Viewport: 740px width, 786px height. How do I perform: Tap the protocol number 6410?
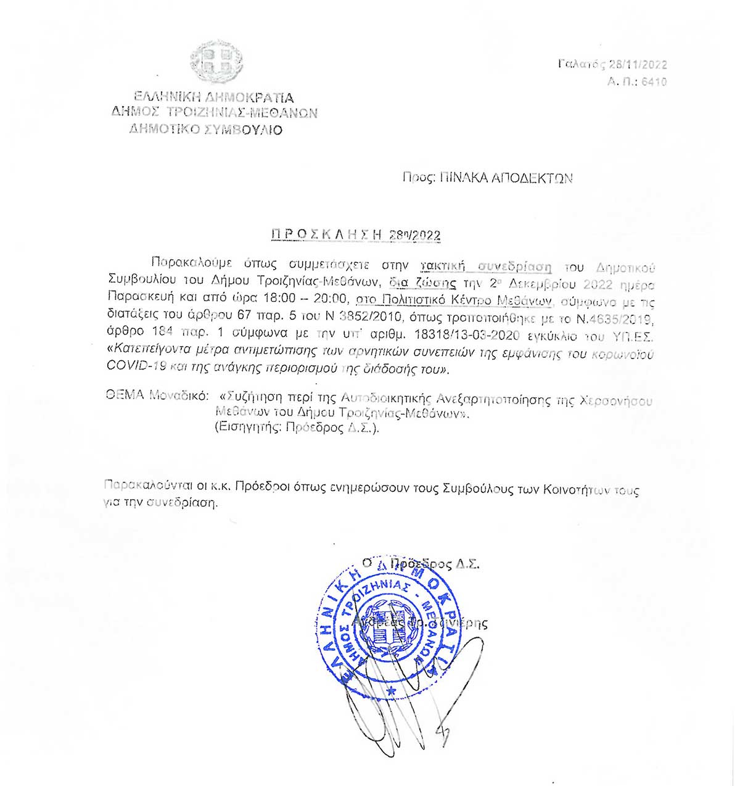654,81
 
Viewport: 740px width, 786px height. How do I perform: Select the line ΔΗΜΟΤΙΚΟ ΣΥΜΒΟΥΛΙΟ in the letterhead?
205,130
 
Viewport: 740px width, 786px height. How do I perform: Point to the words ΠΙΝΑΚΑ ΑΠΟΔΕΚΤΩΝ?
506,178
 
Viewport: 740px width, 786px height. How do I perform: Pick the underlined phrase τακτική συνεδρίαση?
485,267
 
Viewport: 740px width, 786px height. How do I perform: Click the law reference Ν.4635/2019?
617,320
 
